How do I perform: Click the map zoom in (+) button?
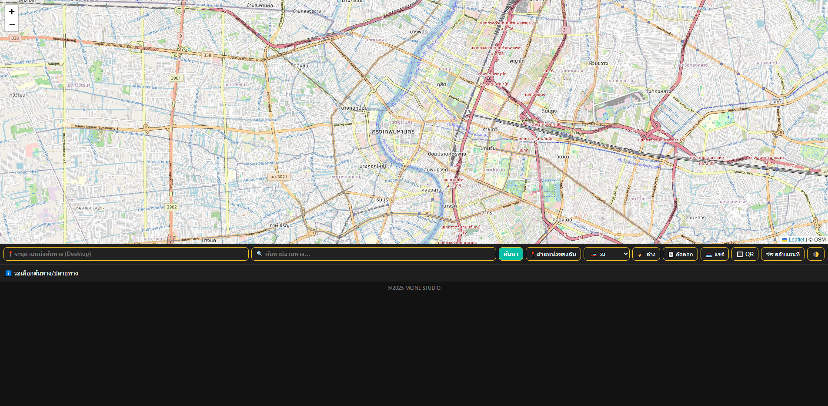coord(12,12)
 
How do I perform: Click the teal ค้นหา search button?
coord(511,254)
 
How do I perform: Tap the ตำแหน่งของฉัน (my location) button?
coord(553,254)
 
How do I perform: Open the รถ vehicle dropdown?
coord(607,254)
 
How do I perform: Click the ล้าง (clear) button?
coord(646,254)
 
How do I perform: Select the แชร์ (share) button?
coord(714,254)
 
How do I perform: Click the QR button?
coord(745,254)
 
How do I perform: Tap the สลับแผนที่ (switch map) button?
coord(783,254)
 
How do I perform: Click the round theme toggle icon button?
coord(816,254)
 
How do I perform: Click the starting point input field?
coord(126,254)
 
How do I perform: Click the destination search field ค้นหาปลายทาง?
coord(374,254)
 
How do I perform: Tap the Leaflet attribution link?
coord(796,240)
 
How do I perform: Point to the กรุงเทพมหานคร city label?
coord(393,131)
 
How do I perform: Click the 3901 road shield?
coord(176,78)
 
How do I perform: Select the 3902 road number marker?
coord(172,207)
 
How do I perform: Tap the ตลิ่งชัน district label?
coord(301,66)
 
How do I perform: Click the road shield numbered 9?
coord(180,36)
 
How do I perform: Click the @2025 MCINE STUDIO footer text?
coord(414,288)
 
